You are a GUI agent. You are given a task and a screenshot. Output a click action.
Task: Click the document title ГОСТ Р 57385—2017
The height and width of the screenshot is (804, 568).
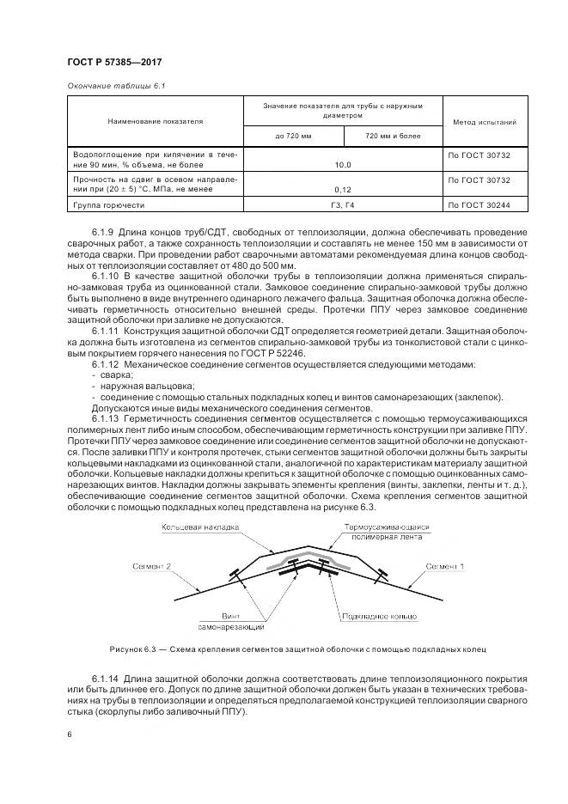114,62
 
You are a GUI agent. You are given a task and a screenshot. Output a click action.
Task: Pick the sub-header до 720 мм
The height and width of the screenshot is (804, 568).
293,136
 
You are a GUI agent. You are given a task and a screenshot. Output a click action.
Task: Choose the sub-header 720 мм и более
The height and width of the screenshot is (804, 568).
393,136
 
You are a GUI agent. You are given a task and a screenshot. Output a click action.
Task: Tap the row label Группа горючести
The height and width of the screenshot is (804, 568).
109,206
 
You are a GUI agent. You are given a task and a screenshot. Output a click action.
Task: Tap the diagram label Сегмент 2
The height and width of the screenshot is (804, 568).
153,567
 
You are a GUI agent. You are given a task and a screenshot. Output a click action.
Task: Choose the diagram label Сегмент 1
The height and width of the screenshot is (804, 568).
447,567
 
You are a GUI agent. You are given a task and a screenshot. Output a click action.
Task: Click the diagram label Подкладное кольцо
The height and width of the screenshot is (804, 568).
378,617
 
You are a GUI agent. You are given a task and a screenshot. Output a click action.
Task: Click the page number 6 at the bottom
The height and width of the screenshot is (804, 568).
69,734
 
